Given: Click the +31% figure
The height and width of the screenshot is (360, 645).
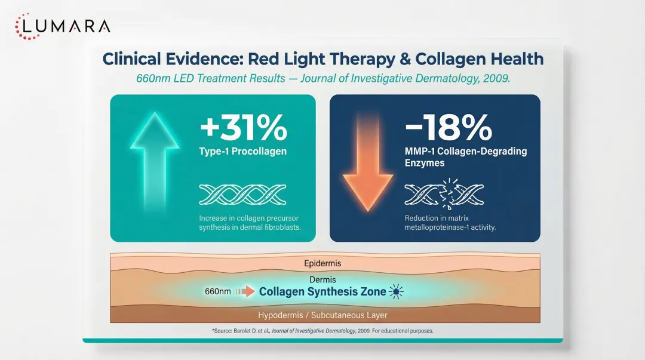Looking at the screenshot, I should point(243,127).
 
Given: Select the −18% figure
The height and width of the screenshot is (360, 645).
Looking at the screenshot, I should point(449,127).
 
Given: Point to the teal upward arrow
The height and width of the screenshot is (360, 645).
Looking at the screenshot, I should point(154,164).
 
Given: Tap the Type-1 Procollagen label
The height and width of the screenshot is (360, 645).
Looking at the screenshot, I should point(242,151).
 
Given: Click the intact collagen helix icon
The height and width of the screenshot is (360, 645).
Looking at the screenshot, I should point(242,195).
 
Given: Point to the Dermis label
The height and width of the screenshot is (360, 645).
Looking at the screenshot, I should point(322,279).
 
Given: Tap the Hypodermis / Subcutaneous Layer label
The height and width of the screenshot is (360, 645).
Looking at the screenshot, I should point(322,315).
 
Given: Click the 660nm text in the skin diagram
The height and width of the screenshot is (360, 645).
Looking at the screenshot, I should point(217,292).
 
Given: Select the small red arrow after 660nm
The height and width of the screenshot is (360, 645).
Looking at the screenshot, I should point(244,292).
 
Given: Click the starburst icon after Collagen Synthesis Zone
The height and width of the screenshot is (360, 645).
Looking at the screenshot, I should point(396,291).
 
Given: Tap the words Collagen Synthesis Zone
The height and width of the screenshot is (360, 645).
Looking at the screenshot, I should point(322,292).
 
